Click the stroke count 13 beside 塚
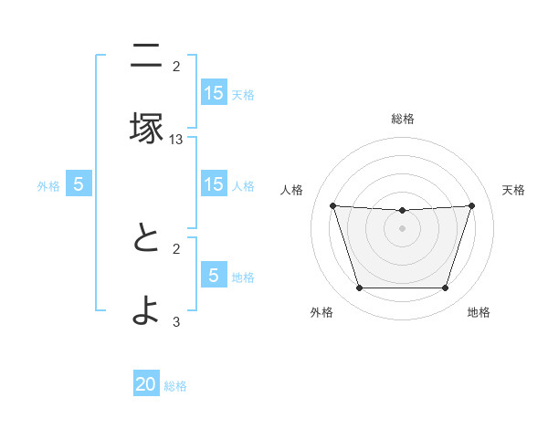click(176, 140)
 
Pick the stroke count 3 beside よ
click(176, 321)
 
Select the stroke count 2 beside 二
click(176, 66)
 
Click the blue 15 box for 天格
click(214, 93)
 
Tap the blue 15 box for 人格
click(214, 184)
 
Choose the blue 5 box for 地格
click(214, 276)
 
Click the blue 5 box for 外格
click(79, 184)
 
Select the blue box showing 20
click(146, 385)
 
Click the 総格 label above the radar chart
click(402, 120)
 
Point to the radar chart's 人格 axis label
click(292, 190)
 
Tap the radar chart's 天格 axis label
click(513, 190)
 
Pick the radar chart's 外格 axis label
click(321, 312)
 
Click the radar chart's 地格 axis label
click(479, 312)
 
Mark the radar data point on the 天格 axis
click(471, 206)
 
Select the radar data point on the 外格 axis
click(359, 288)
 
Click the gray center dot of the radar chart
click(402, 228)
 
